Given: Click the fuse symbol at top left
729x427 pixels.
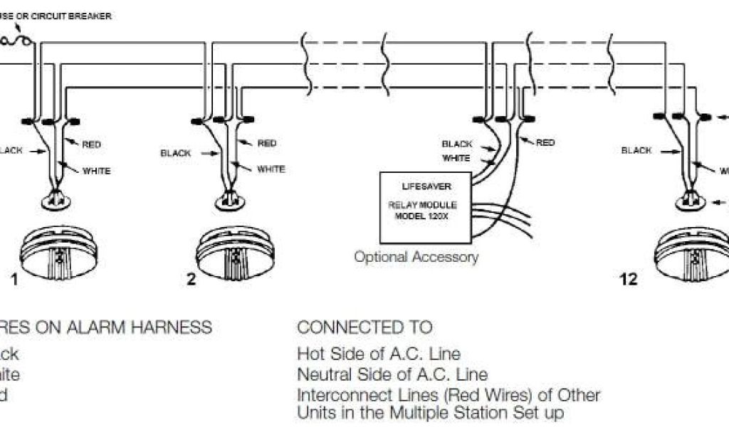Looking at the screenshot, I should tap(16, 41).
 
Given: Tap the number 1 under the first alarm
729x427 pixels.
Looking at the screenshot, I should tap(14, 280).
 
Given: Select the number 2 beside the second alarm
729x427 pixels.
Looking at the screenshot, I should tap(191, 279).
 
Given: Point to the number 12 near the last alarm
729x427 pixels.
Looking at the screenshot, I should tap(629, 279).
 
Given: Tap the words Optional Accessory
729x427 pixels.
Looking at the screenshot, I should tap(416, 257).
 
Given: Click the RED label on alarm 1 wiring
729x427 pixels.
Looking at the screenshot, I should tap(92, 144).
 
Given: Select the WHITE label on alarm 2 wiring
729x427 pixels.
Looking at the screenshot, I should tap(271, 169).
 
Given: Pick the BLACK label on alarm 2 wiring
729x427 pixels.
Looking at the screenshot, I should tap(175, 152).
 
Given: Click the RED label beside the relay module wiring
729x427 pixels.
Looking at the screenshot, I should tap(545, 142).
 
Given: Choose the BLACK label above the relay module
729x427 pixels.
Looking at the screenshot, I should tap(456, 144).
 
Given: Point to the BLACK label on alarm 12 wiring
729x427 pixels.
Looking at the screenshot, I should tap(636, 150).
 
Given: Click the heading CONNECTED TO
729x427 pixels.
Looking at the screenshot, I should tap(364, 327).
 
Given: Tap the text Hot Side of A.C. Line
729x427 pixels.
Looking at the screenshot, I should tap(379, 353).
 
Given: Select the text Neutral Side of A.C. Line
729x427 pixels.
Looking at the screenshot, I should tap(392, 374).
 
